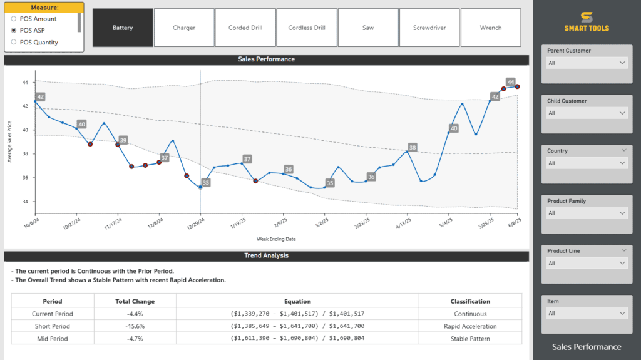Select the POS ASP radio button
[14, 30]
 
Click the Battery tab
[123, 28]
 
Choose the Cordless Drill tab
[307, 28]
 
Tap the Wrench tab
[491, 28]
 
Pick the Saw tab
[368, 28]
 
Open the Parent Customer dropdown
[587, 63]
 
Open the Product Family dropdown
[587, 213]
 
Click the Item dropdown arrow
[622, 313]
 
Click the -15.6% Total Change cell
[135, 326]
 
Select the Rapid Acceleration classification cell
[469, 326]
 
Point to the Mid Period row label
[53, 339]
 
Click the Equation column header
[297, 301]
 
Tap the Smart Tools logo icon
[587, 18]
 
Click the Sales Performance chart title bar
[266, 59]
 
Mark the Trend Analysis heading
[266, 255]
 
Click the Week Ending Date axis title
[276, 239]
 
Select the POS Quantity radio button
[14, 43]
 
